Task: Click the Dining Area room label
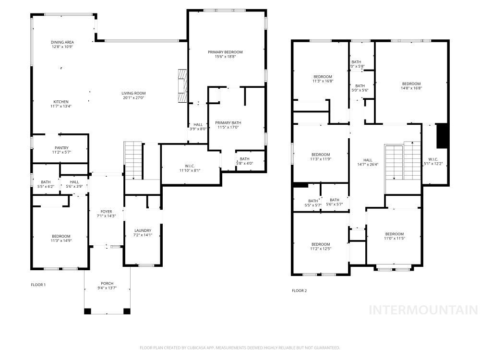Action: (63, 42)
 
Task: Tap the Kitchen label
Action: (61, 102)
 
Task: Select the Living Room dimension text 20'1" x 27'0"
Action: (133, 98)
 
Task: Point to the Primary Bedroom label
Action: (225, 52)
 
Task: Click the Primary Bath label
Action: (227, 122)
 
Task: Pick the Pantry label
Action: (61, 148)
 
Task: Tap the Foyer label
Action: (106, 212)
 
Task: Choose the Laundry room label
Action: (143, 230)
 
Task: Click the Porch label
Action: (107, 283)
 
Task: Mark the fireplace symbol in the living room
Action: (182, 85)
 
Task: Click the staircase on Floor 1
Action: (133, 160)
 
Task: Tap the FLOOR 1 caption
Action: (38, 285)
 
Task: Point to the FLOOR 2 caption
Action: (300, 290)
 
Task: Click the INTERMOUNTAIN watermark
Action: (422, 310)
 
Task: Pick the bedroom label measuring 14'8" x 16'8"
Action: (411, 84)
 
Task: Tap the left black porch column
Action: (87, 311)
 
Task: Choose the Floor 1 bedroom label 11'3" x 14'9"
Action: (61, 236)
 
